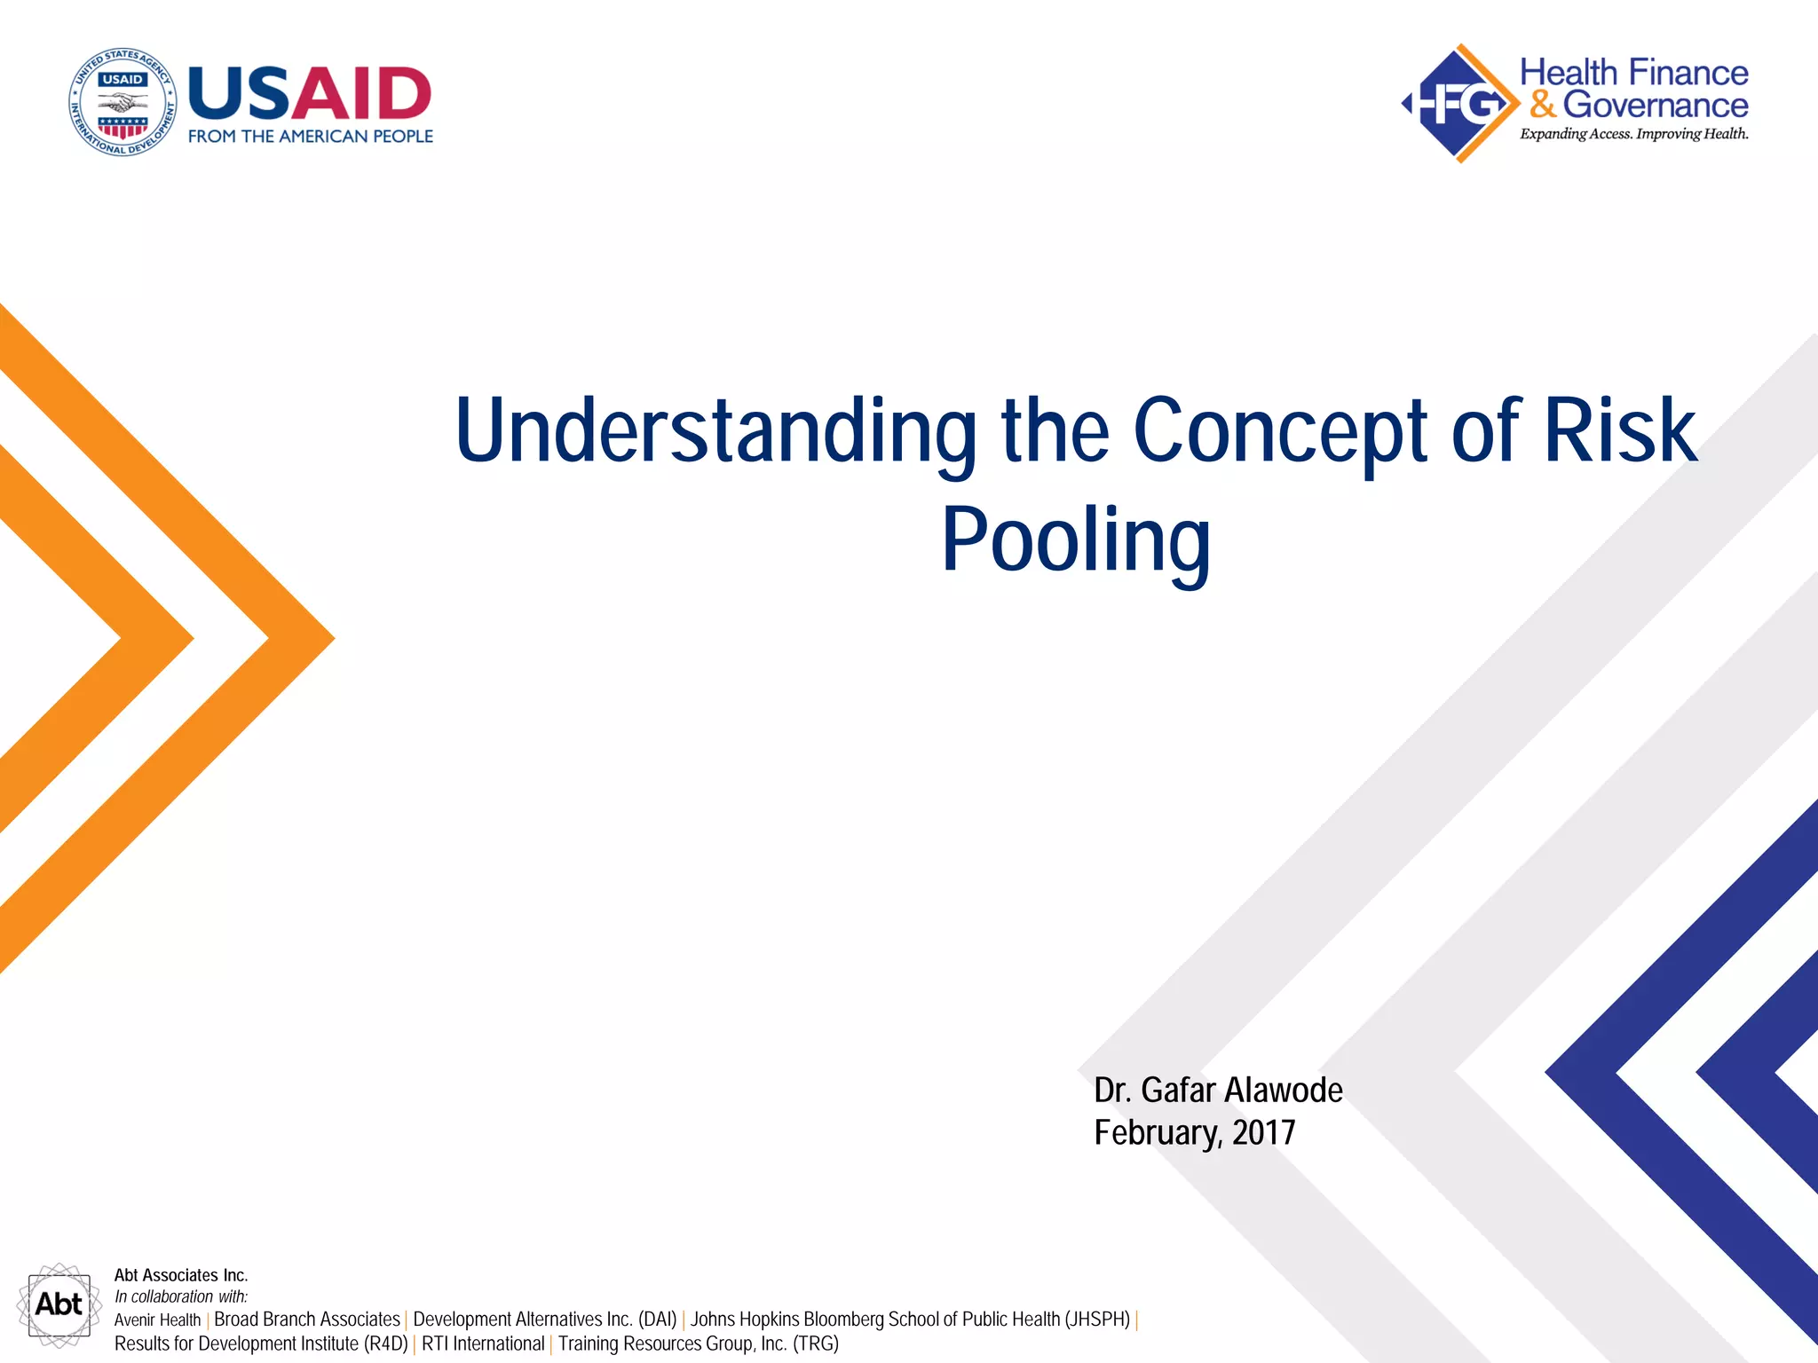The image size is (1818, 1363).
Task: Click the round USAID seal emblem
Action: pos(123,102)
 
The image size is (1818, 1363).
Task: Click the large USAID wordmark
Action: pos(310,93)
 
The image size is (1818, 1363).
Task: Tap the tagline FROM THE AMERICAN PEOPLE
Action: pos(310,137)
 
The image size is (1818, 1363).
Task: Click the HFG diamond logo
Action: pos(1458,104)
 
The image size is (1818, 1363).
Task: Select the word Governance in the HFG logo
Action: pos(1655,105)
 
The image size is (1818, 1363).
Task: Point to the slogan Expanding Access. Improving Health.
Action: pos(1633,134)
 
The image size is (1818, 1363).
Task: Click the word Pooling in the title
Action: pos(1075,540)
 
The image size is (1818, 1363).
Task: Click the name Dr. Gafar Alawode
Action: pos(1217,1090)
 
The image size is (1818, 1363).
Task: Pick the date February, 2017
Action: pos(1194,1132)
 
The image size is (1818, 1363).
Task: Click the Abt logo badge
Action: pos(59,1304)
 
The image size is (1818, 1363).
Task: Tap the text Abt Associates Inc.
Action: pos(181,1275)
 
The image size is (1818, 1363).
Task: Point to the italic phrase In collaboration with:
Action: pos(181,1296)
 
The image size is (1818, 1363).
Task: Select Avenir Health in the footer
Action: pos(157,1320)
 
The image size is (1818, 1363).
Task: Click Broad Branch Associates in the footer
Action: pos(307,1320)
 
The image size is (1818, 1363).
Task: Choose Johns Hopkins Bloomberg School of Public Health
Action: pos(910,1320)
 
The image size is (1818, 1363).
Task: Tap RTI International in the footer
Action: pos(483,1343)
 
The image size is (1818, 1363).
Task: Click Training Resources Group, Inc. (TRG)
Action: pos(698,1343)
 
